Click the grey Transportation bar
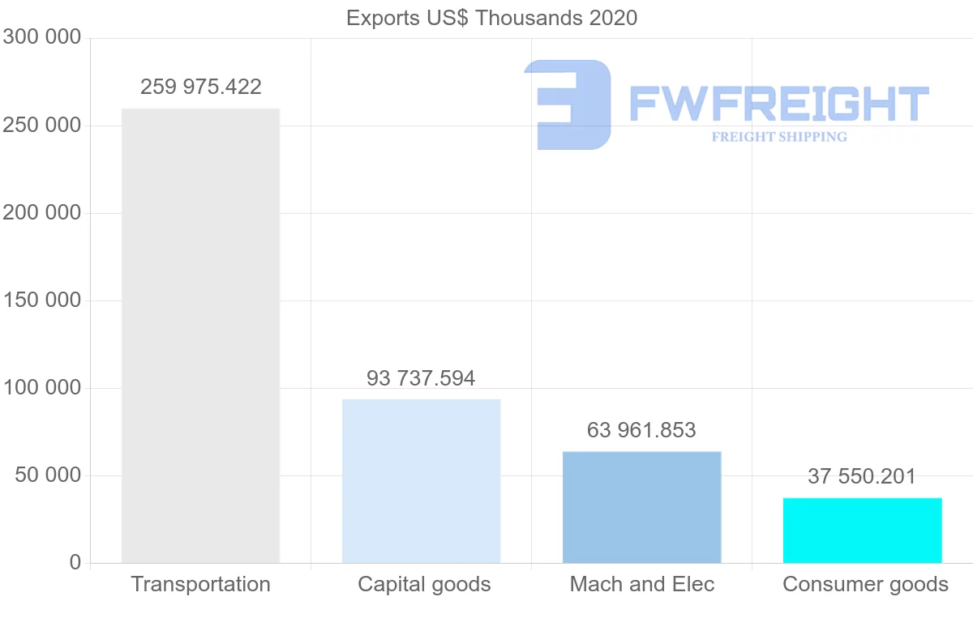(x=200, y=336)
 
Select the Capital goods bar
(x=421, y=481)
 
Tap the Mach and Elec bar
(x=641, y=507)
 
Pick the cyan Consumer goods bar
(x=862, y=531)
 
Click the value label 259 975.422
(x=200, y=87)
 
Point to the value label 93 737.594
(x=421, y=378)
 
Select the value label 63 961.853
(x=641, y=430)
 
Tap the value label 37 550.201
(x=862, y=476)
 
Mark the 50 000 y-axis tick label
(x=48, y=475)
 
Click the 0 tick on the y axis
(x=75, y=562)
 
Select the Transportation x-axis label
(x=200, y=584)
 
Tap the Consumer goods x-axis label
(x=865, y=584)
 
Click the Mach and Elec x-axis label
(x=641, y=584)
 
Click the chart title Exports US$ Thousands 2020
(x=491, y=18)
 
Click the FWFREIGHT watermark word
(x=778, y=105)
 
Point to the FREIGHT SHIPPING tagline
(x=778, y=137)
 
